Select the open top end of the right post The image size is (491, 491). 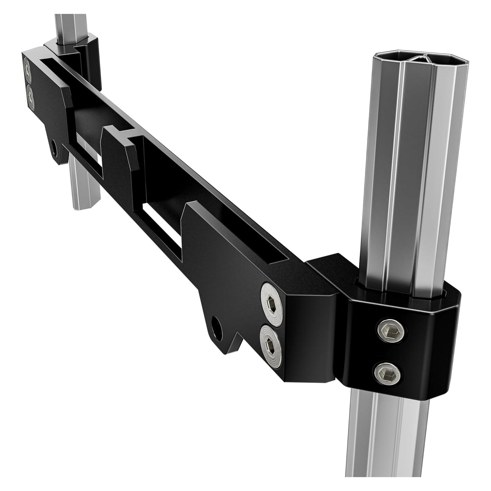[404, 58]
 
